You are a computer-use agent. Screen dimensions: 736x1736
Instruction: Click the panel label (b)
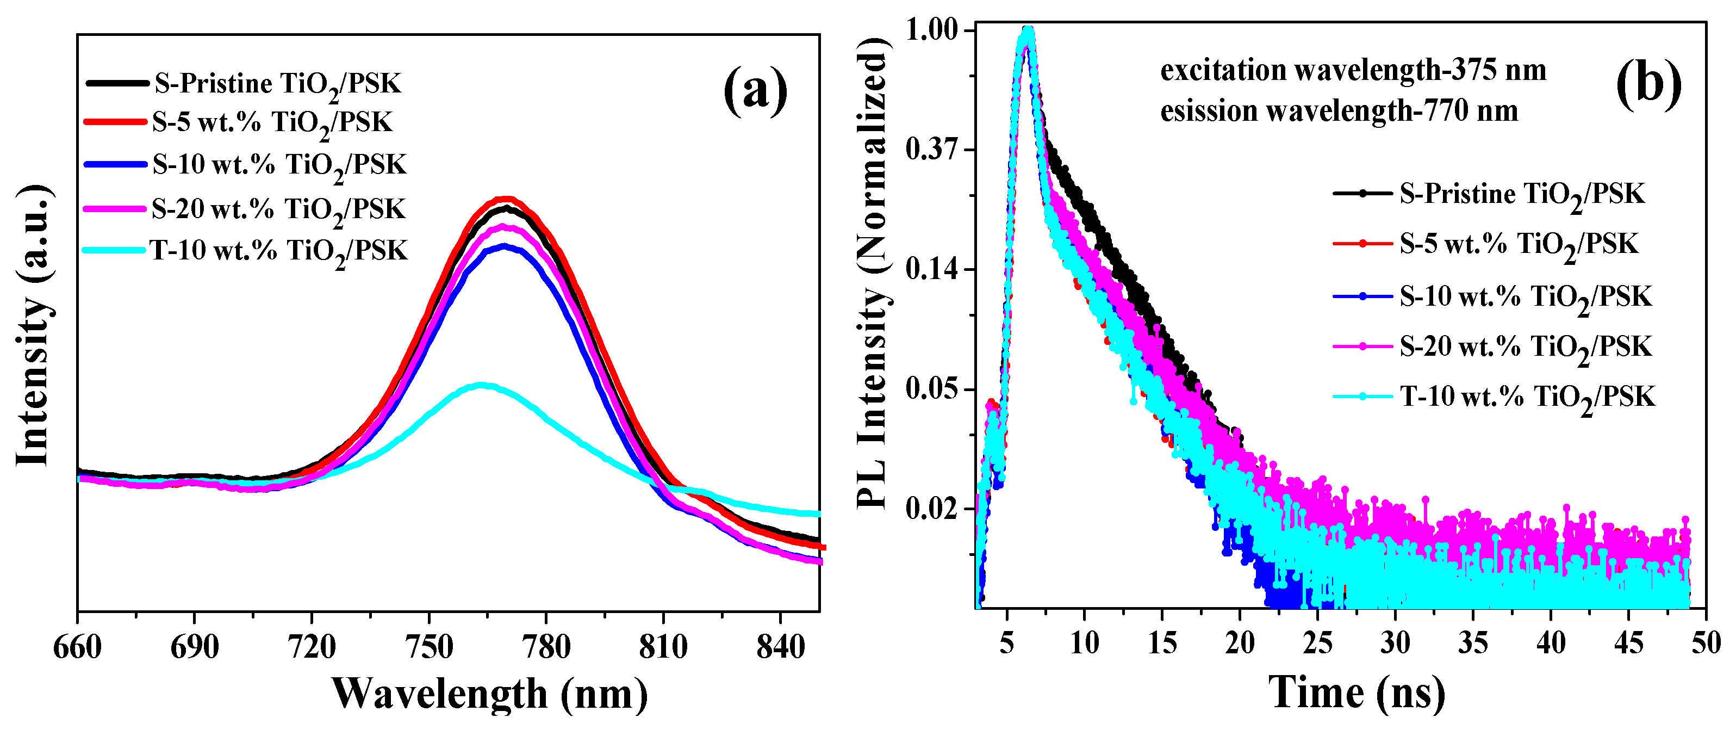click(x=1648, y=85)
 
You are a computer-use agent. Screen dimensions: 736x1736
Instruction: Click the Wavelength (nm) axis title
click(x=490, y=694)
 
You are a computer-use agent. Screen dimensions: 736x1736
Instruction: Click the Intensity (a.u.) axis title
click(x=34, y=324)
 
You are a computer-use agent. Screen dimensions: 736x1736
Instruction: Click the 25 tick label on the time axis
click(x=1317, y=643)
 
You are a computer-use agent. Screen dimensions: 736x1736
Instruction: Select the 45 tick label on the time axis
click(x=1628, y=643)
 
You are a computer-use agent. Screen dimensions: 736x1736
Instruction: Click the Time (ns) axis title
click(x=1357, y=692)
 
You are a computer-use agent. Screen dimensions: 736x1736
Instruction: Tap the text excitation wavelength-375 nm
click(x=1353, y=70)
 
